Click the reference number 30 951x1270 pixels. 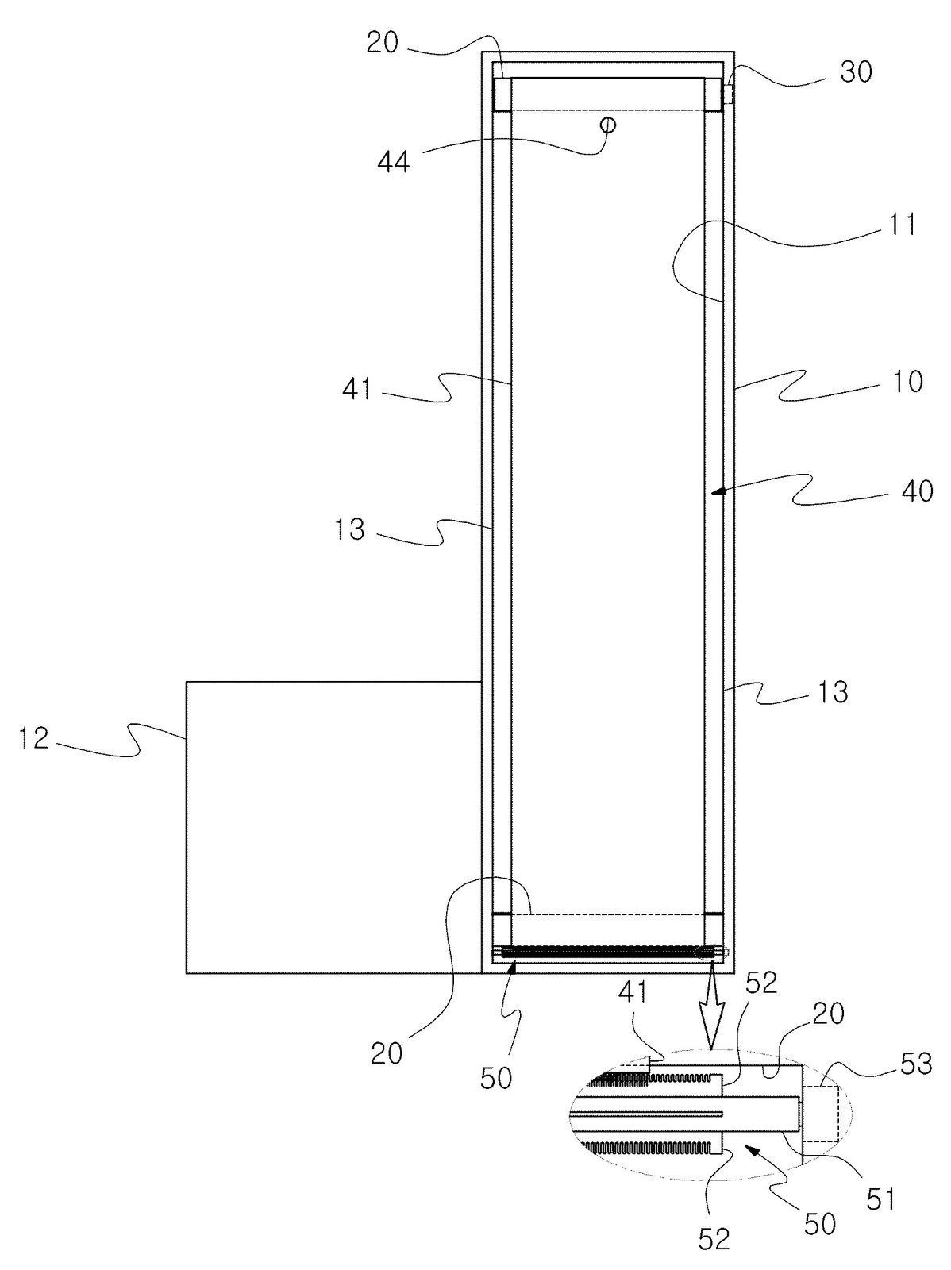[856, 74]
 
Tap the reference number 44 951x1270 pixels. [394, 160]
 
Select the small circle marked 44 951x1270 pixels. [608, 125]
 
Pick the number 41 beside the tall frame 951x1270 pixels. [357, 391]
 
